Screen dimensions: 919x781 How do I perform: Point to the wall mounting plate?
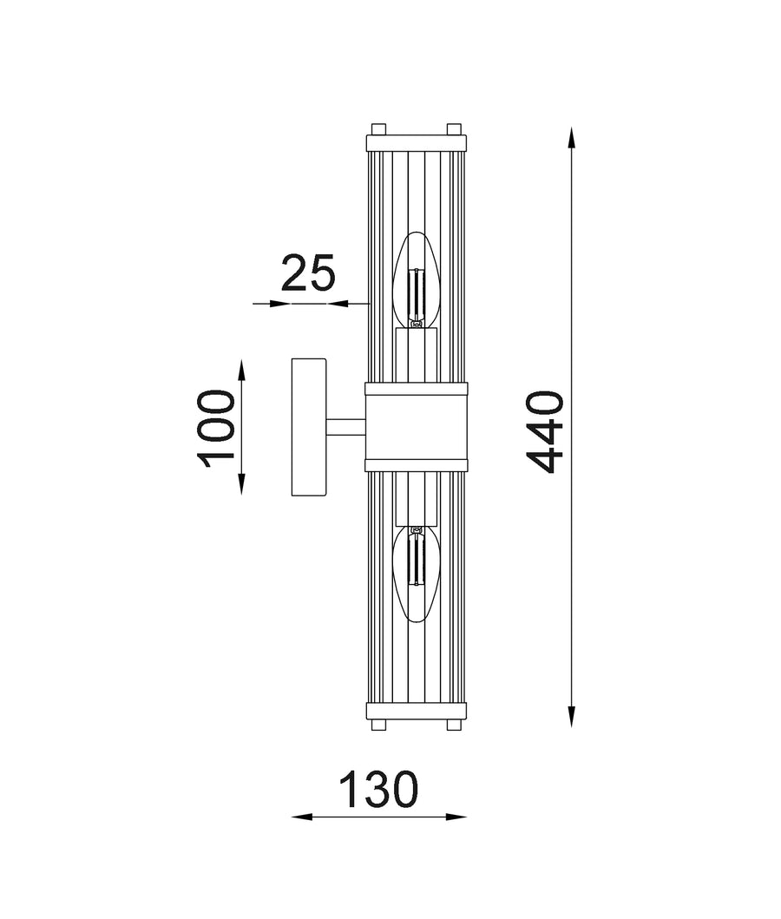pyautogui.click(x=308, y=428)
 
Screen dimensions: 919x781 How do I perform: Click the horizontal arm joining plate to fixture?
pyautogui.click(x=345, y=426)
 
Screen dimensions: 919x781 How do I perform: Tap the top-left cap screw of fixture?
pyautogui.click(x=378, y=128)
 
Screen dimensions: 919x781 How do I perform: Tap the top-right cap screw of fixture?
pyautogui.click(x=454, y=128)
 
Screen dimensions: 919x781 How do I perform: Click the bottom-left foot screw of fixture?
pyautogui.click(x=378, y=725)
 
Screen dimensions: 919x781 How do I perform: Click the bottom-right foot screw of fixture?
pyautogui.click(x=454, y=725)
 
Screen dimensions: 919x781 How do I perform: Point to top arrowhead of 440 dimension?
pyautogui.click(x=572, y=137)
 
